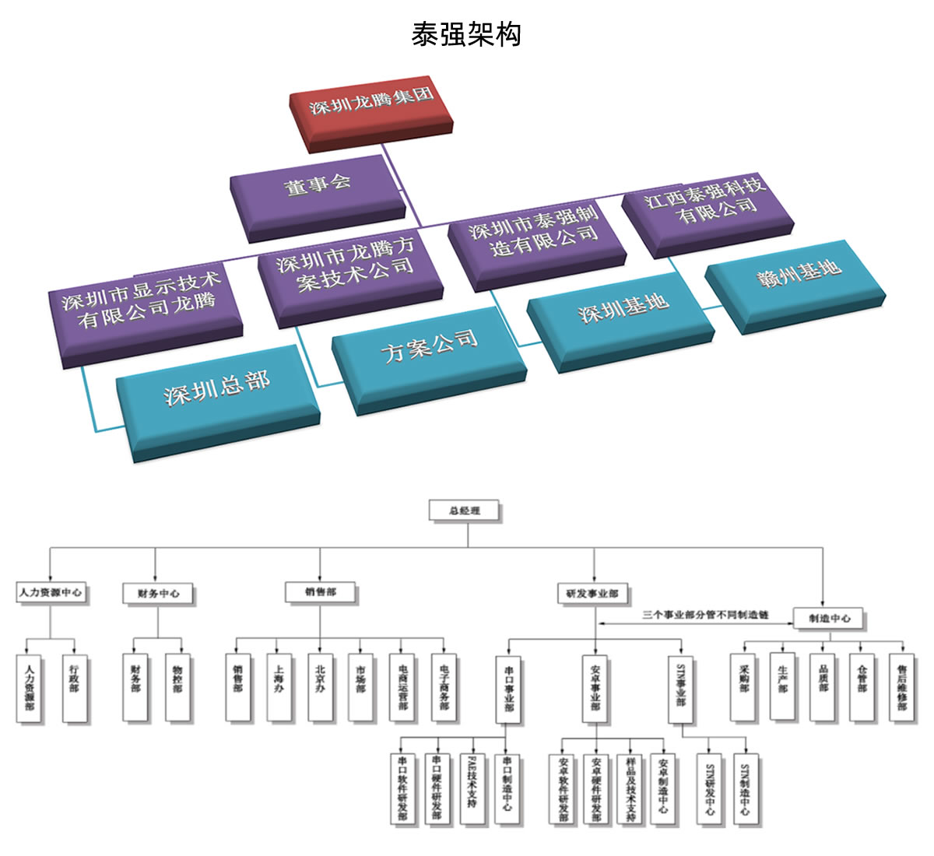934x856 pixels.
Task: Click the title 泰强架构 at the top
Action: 466,34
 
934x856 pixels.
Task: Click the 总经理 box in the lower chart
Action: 465,510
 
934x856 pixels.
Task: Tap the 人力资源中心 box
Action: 51,592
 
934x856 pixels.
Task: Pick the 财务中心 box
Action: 158,593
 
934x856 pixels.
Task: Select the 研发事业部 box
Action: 592,593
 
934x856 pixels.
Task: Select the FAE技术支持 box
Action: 472,788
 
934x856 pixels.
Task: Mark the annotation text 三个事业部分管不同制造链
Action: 706,614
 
